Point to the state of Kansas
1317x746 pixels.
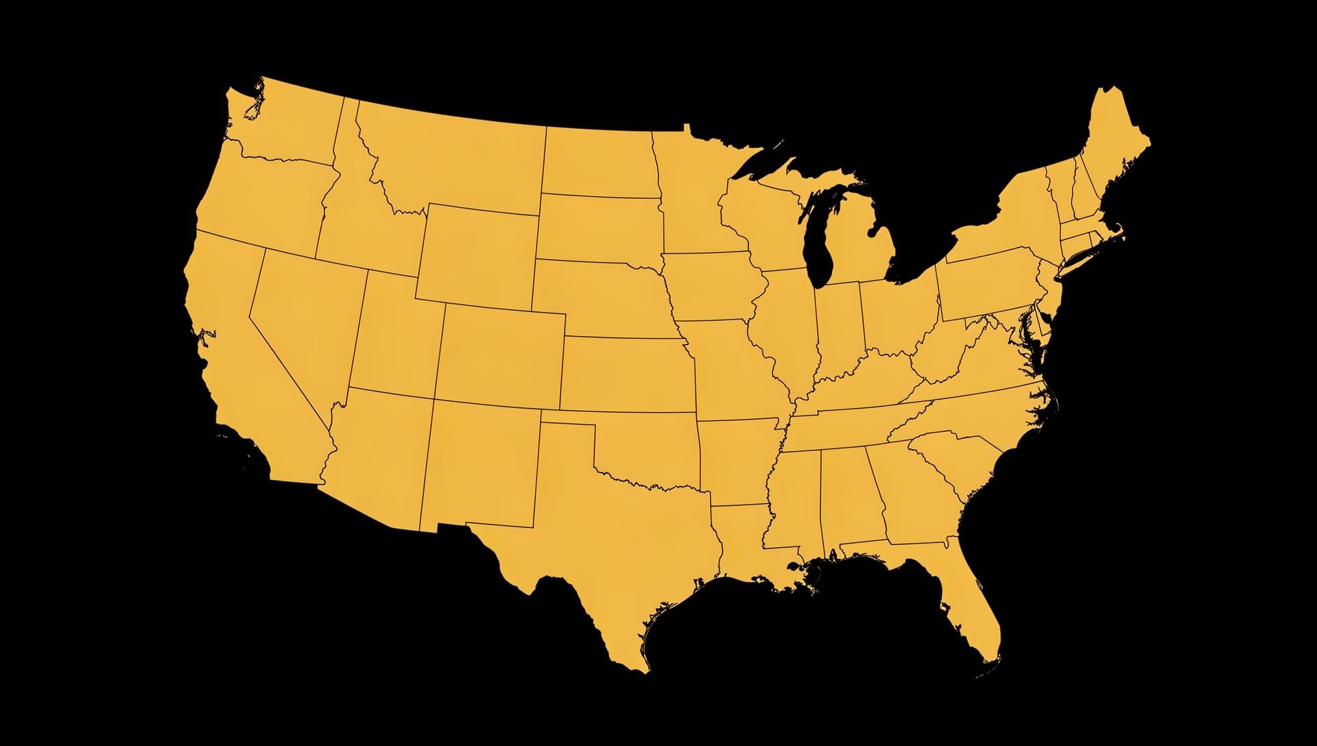coord(628,374)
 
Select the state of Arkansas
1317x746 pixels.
coord(737,459)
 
